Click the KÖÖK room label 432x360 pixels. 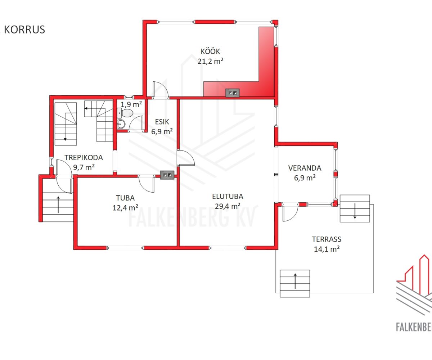(x=210, y=51)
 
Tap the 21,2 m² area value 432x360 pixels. (x=210, y=61)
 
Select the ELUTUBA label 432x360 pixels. (x=228, y=196)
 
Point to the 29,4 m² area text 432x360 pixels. (x=228, y=206)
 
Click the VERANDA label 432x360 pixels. (x=305, y=168)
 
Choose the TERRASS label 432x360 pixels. (x=327, y=239)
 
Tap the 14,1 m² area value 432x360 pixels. (x=327, y=249)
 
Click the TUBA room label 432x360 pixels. (x=125, y=198)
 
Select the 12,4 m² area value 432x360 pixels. (x=125, y=208)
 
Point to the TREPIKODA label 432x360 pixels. (x=84, y=158)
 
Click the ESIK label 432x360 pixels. (x=162, y=122)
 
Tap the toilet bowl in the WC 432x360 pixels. (x=127, y=113)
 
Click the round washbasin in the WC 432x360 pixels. (x=121, y=124)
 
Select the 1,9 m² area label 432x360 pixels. (x=131, y=104)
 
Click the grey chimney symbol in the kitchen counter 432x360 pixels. (x=232, y=93)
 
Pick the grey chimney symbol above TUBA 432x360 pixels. (x=167, y=175)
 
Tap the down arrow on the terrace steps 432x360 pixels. (x=355, y=211)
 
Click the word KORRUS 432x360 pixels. (x=24, y=30)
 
